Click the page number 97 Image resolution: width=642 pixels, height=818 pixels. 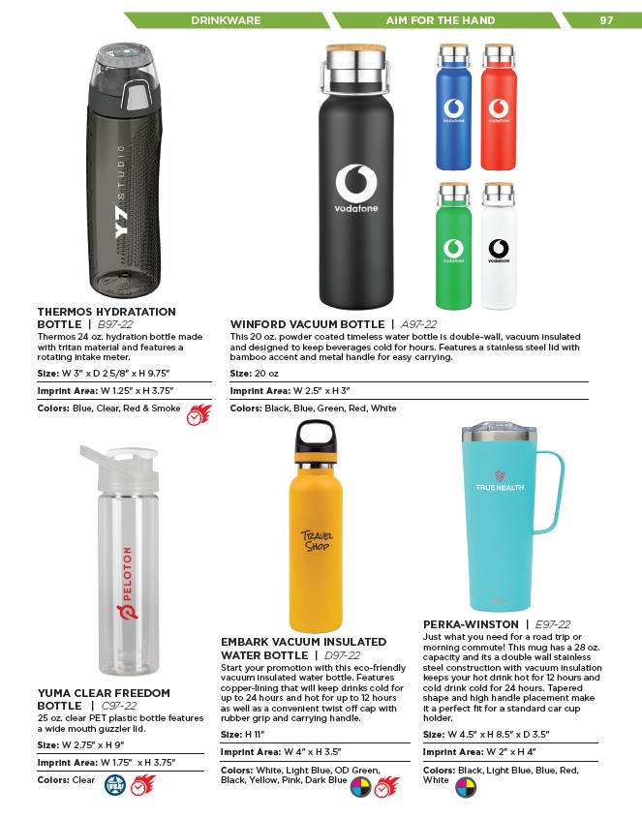tap(607, 19)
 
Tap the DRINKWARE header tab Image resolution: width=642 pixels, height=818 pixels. tap(224, 19)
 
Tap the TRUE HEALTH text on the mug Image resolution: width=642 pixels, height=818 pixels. tap(501, 488)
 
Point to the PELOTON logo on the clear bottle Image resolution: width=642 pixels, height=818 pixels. tap(127, 581)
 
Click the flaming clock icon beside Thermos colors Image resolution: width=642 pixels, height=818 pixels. tap(199, 415)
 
